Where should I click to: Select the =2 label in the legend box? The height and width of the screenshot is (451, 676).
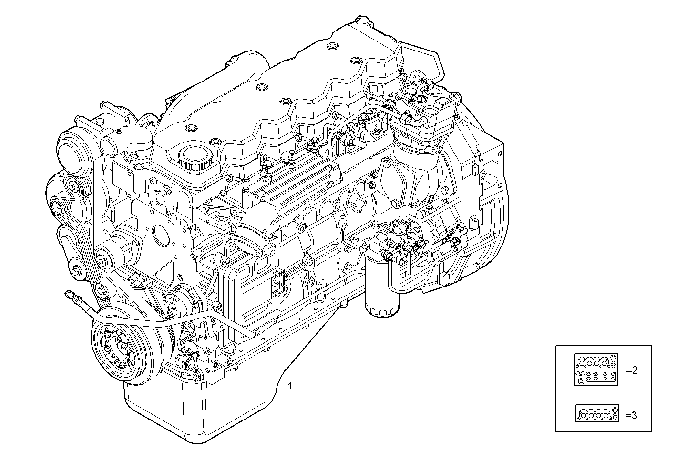(631, 370)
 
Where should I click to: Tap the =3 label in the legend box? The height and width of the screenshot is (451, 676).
(631, 415)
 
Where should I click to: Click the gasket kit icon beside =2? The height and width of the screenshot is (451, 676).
(596, 369)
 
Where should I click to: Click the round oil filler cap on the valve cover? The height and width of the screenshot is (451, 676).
(194, 157)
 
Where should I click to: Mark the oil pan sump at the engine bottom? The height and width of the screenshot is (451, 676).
(191, 410)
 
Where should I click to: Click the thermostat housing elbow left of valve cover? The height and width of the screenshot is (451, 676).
(129, 138)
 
